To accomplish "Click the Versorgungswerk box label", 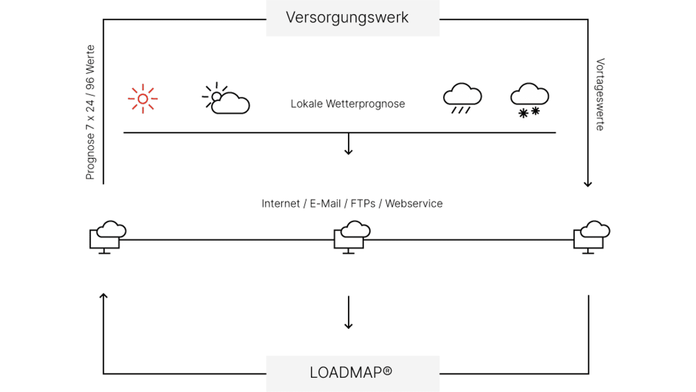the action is coord(347,18).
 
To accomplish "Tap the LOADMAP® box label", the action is coord(351,372).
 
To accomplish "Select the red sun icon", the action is coord(143,99).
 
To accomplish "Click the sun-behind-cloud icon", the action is coord(226,98).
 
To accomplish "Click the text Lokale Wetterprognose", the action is coord(348,104).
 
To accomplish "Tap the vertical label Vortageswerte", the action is coord(600,94).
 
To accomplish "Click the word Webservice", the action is coord(414,204).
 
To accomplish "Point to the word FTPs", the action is coord(363,204).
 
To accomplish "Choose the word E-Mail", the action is coord(325,204).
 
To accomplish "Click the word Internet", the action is coord(281,204).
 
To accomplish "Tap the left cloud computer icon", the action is coord(108,237).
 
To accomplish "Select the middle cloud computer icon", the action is coord(352,237).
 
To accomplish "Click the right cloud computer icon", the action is coord(592,237).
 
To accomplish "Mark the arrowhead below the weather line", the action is coord(348,152).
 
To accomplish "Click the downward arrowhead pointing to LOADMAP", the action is coord(348,326).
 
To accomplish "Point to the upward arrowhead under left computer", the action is coord(103,296).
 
